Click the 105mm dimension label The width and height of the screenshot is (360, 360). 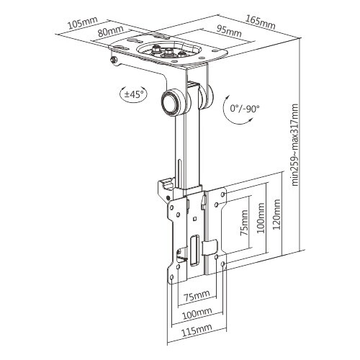pos(83,22)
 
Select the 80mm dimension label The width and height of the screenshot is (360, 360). pos(110,31)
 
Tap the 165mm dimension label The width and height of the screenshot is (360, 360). pos(261,22)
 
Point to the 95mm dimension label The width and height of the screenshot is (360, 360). pos(229,31)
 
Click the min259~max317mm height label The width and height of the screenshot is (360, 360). pos(294,145)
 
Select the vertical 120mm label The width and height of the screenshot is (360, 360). pos(276,214)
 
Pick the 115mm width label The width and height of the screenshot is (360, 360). pos(197,333)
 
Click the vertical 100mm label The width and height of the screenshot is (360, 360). pos(261,218)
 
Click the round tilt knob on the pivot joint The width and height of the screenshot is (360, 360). pos(171,102)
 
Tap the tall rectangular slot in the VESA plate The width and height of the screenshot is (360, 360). pos(194,250)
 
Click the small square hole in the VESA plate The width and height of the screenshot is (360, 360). pos(194,218)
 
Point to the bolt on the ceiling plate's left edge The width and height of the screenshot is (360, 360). pos(114,60)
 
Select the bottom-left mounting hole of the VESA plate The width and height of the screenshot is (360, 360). pos(171,278)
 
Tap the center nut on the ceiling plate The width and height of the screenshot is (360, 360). pos(167,51)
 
